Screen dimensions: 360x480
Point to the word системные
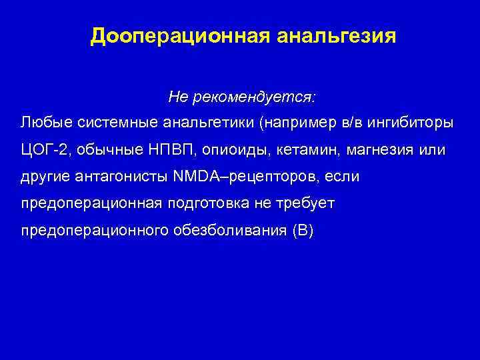point(109,123)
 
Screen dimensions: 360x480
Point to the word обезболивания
point(227,230)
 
